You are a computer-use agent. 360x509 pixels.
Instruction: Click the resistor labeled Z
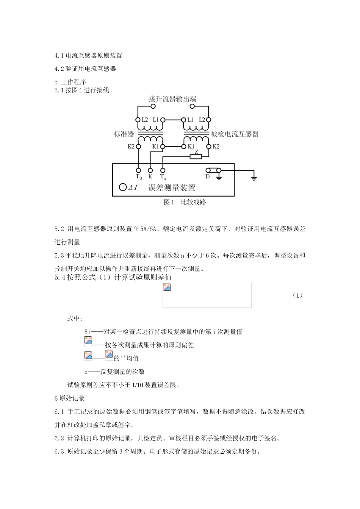coord(196,156)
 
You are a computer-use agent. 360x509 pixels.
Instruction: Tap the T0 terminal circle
coord(139,171)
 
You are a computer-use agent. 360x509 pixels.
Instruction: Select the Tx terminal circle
coord(163,171)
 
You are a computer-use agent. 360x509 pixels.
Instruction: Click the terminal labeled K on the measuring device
coord(150,171)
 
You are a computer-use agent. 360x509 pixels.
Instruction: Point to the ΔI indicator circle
coord(122,187)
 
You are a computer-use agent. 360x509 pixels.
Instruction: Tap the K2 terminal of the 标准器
coord(139,147)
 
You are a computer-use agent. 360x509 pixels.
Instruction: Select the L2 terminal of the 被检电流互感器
coord(208,120)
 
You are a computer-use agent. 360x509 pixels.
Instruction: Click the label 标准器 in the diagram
coord(124,134)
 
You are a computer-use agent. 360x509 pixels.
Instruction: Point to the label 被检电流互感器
coord(235,134)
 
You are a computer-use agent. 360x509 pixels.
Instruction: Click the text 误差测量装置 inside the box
coord(172,187)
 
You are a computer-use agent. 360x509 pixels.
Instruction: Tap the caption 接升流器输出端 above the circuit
coord(172,99)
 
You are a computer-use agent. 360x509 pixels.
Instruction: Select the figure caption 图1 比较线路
coord(185,202)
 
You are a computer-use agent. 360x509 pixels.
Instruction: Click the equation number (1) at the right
coord(297,295)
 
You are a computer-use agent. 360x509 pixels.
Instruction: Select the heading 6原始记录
coord(69,398)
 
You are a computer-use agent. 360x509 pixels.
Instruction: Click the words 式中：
coord(75,319)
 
